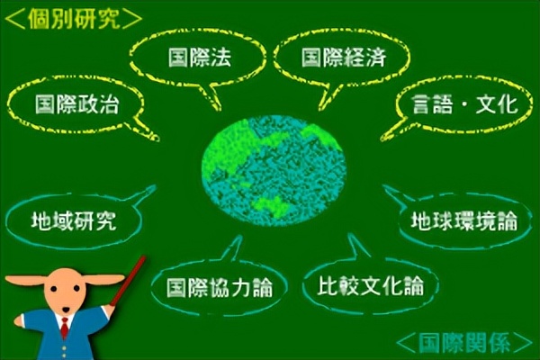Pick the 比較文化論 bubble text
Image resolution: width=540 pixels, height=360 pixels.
pyautogui.click(x=370, y=286)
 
